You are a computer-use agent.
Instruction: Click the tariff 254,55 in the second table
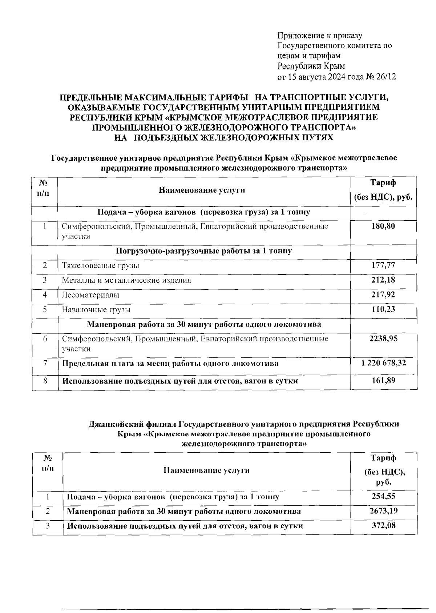pyautogui.click(x=383, y=496)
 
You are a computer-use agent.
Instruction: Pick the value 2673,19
pyautogui.click(x=383, y=511)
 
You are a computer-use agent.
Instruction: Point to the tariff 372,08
pyautogui.click(x=383, y=525)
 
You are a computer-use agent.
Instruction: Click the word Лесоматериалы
pyautogui.click(x=90, y=295)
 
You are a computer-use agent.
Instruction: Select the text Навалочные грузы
pyautogui.click(x=96, y=310)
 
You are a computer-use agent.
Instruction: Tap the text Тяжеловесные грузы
pyautogui.click(x=100, y=265)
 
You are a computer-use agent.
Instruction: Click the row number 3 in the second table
pyautogui.click(x=47, y=526)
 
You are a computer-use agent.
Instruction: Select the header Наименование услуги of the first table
pyautogui.click(x=202, y=190)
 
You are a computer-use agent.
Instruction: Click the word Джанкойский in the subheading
pyautogui.click(x=117, y=424)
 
